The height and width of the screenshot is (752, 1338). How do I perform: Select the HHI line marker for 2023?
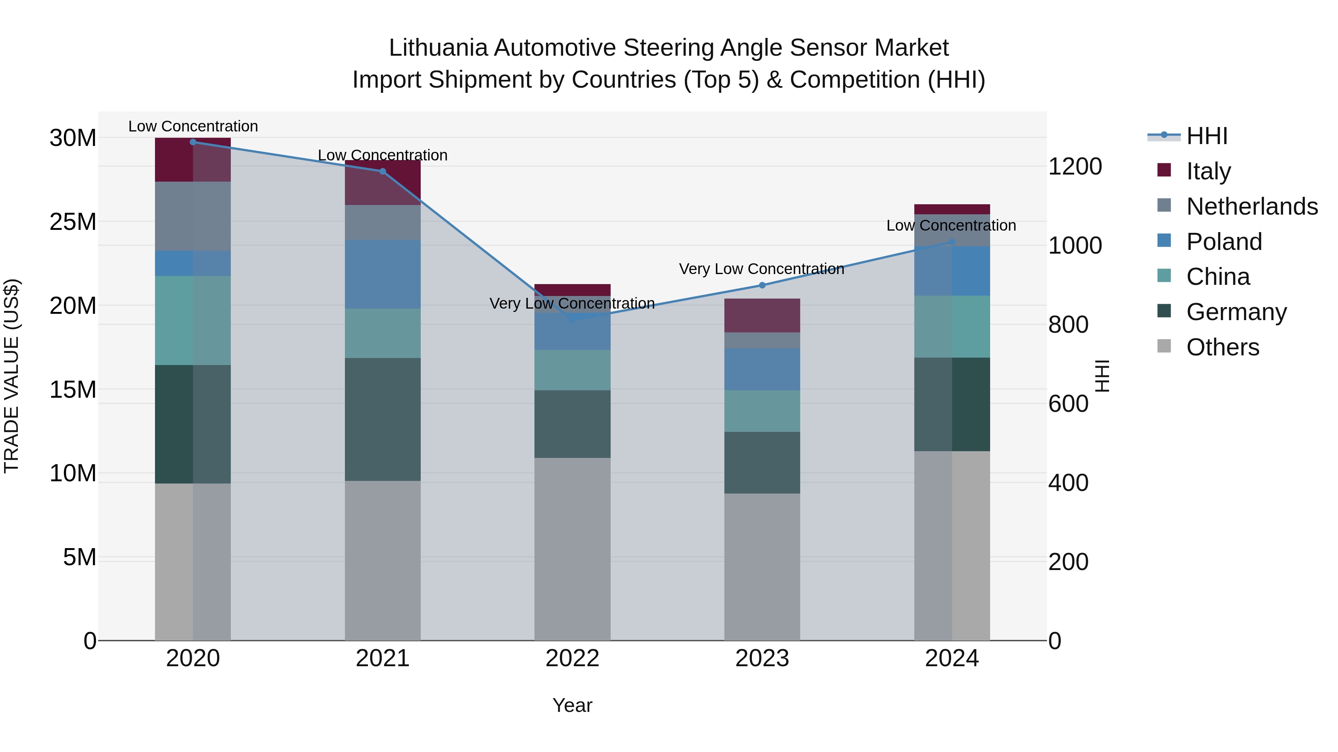[x=762, y=285]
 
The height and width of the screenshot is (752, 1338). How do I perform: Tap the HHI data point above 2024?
[x=951, y=242]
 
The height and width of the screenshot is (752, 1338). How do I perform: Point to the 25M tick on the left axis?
[x=73, y=222]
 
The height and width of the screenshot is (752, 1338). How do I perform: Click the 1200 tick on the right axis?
[x=1074, y=167]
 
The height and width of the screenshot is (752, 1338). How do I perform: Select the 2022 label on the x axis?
[x=572, y=658]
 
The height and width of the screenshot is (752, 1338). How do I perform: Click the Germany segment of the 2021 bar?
[x=383, y=419]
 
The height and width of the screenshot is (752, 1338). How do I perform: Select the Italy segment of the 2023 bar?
[x=762, y=316]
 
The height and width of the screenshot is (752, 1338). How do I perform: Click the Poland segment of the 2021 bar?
[x=383, y=274]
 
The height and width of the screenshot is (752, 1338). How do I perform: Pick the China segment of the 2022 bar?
[x=572, y=370]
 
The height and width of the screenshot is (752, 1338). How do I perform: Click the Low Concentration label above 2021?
[x=383, y=155]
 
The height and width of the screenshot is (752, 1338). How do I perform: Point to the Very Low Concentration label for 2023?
[x=762, y=269]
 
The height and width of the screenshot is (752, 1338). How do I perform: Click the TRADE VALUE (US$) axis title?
[x=12, y=376]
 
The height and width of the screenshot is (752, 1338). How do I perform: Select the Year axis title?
[x=572, y=705]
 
